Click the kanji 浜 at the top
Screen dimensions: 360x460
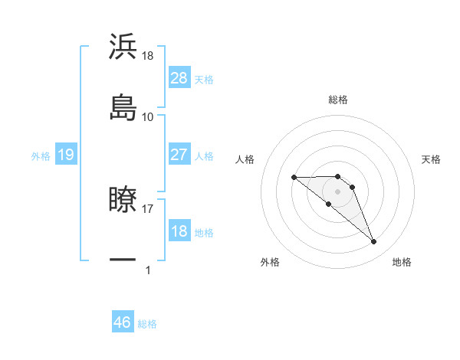coord(123,47)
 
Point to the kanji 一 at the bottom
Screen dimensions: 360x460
coord(123,260)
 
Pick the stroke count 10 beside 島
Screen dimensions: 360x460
coord(148,116)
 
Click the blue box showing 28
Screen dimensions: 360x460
coord(179,78)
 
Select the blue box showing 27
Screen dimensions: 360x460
coord(179,155)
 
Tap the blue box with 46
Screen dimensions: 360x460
coord(123,322)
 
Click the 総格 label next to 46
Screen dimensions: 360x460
coord(147,324)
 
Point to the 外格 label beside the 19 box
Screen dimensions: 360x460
coord(41,156)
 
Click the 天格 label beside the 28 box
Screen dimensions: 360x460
coord(204,79)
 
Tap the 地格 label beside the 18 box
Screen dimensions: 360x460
coord(204,233)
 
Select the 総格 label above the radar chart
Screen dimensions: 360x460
coord(338,100)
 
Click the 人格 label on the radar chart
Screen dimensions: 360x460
coord(245,159)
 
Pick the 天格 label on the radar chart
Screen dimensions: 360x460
coord(431,159)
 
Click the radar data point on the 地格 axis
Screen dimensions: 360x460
coord(374,242)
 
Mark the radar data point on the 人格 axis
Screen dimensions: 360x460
coord(294,178)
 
